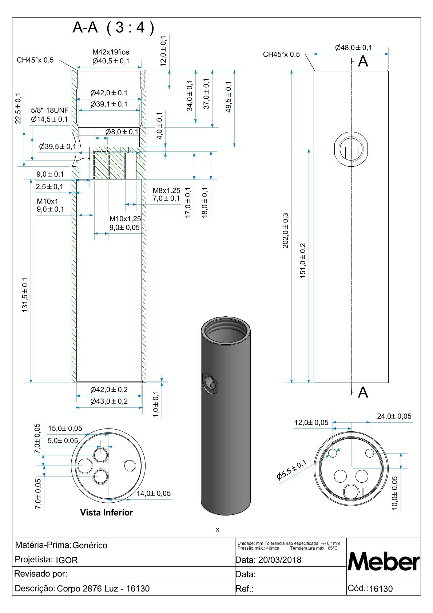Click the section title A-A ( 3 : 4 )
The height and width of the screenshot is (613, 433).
click(114, 27)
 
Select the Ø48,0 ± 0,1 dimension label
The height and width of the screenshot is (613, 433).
click(353, 48)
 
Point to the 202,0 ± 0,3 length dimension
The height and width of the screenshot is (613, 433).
click(285, 230)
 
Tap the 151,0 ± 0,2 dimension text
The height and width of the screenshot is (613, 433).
click(302, 261)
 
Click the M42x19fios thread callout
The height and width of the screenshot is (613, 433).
click(111, 52)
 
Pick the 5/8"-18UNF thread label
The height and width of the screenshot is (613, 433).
click(49, 110)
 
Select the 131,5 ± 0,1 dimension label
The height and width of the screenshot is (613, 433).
click(25, 295)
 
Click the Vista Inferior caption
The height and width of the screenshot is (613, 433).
click(106, 512)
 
